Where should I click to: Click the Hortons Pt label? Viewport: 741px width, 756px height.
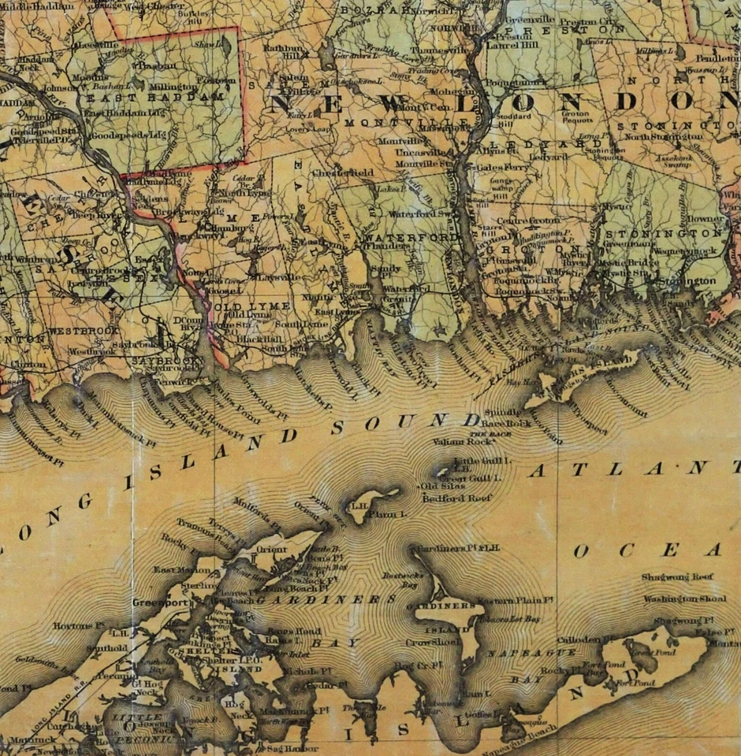pos(79,626)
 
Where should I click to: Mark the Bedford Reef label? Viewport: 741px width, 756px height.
pos(457,498)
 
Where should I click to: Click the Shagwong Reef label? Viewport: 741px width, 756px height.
pos(676,577)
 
